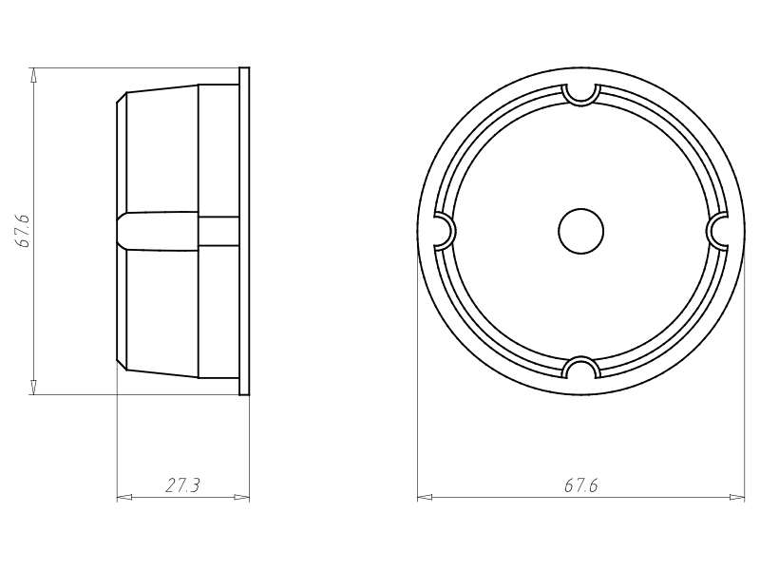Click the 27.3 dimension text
pyautogui.click(x=182, y=486)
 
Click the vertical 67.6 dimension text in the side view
pyautogui.click(x=25, y=231)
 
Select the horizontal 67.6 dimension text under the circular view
pyautogui.click(x=580, y=486)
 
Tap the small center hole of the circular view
pyautogui.click(x=580, y=231)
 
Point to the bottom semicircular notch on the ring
pyautogui.click(x=580, y=369)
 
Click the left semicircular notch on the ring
pyautogui.click(x=443, y=231)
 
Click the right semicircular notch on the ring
pyautogui.click(x=719, y=231)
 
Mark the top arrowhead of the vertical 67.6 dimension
pyautogui.click(x=34, y=75)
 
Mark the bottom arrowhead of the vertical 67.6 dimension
pyautogui.click(x=34, y=387)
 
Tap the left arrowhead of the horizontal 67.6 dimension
pyautogui.click(x=425, y=497)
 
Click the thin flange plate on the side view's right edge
pyautogui.click(x=244, y=231)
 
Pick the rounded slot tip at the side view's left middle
pyautogui.click(x=121, y=231)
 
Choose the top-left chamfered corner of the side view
pyautogui.click(x=122, y=98)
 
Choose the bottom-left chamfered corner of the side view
pyautogui.click(x=122, y=363)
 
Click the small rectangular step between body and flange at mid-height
pyautogui.click(x=218, y=231)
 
